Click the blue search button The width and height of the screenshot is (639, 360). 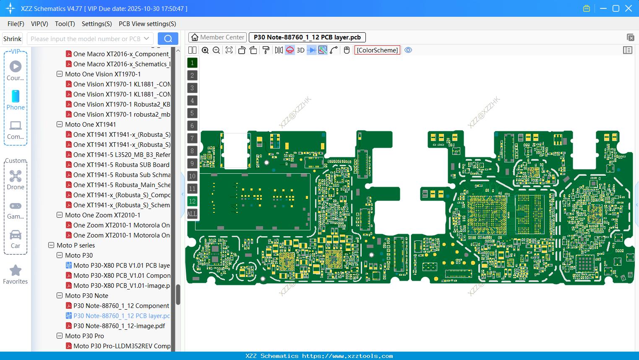[x=168, y=39]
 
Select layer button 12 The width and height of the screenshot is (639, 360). [x=192, y=201]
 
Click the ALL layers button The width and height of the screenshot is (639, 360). [x=192, y=214]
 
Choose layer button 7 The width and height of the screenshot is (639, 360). [x=192, y=138]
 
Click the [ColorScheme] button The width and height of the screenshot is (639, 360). [x=377, y=50]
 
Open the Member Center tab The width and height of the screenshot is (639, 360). [x=217, y=37]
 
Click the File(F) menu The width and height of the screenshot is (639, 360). [x=16, y=24]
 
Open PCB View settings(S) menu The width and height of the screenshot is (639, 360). [x=147, y=24]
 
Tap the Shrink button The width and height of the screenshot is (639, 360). [x=12, y=39]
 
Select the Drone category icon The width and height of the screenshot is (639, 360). [x=16, y=176]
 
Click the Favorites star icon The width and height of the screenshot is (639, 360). [x=16, y=271]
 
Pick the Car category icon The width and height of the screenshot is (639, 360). [x=16, y=235]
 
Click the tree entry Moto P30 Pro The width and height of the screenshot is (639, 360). [x=84, y=336]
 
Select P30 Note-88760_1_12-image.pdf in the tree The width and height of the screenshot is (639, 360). [x=119, y=326]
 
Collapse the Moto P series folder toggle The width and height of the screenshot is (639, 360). [x=51, y=245]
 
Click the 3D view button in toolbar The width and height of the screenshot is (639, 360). [x=300, y=50]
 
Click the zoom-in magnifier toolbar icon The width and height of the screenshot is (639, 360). [x=205, y=50]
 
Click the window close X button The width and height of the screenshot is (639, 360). [x=629, y=8]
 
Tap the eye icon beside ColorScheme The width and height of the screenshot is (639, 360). [x=408, y=50]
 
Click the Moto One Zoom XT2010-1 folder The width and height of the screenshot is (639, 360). [x=102, y=215]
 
